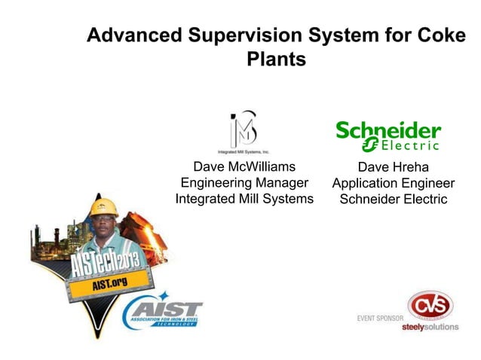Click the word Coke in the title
click(x=434, y=35)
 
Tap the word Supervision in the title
click(x=242, y=35)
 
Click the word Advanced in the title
click(x=135, y=35)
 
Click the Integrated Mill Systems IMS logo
click(x=244, y=130)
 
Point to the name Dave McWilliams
click(x=244, y=166)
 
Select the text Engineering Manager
click(x=244, y=183)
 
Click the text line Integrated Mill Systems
click(x=244, y=200)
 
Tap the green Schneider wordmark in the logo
click(x=388, y=129)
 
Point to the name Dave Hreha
click(x=393, y=167)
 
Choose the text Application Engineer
click(x=393, y=184)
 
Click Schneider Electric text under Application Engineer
click(x=393, y=200)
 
